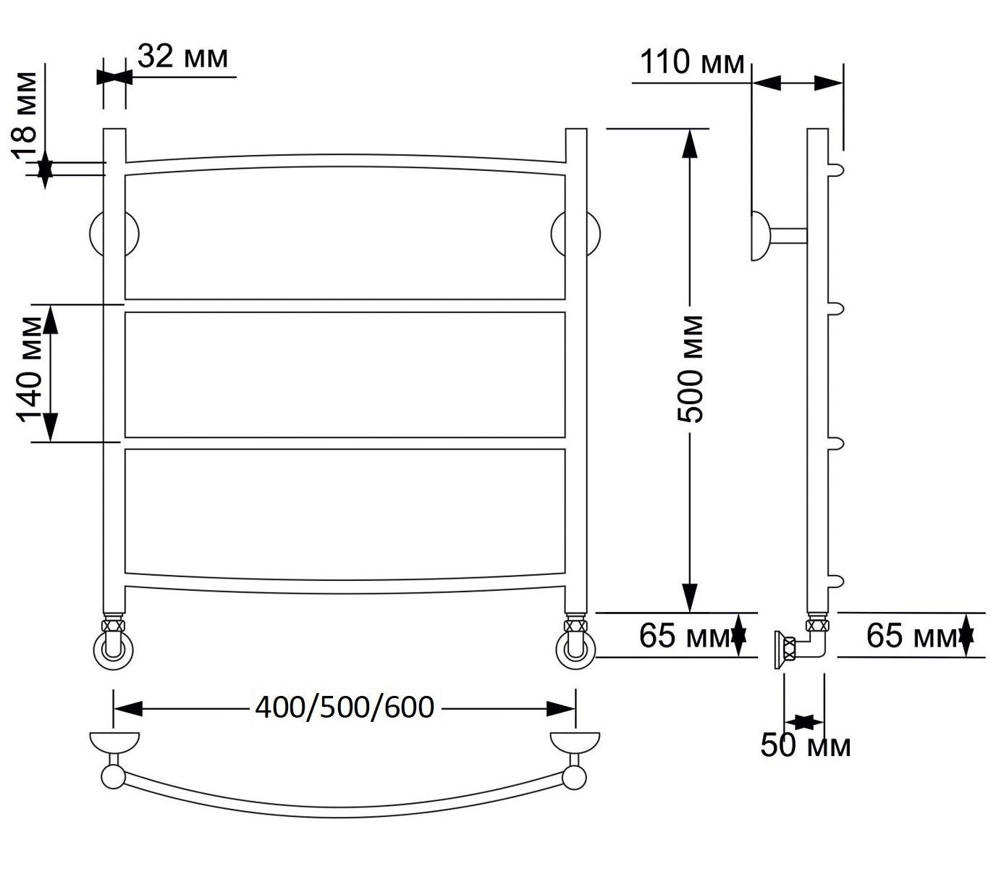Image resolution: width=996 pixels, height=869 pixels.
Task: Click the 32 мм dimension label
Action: [182, 57]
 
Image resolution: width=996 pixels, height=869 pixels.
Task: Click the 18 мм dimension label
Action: [25, 116]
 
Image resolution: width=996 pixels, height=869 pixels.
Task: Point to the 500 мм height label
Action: [690, 369]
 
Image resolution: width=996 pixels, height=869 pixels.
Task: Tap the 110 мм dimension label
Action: [692, 62]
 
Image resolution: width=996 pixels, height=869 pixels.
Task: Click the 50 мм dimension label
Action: [806, 745]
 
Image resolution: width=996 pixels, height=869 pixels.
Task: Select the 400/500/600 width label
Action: [345, 708]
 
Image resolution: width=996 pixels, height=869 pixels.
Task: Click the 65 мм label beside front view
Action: [685, 635]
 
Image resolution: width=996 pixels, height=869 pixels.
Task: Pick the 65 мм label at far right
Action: [912, 635]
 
